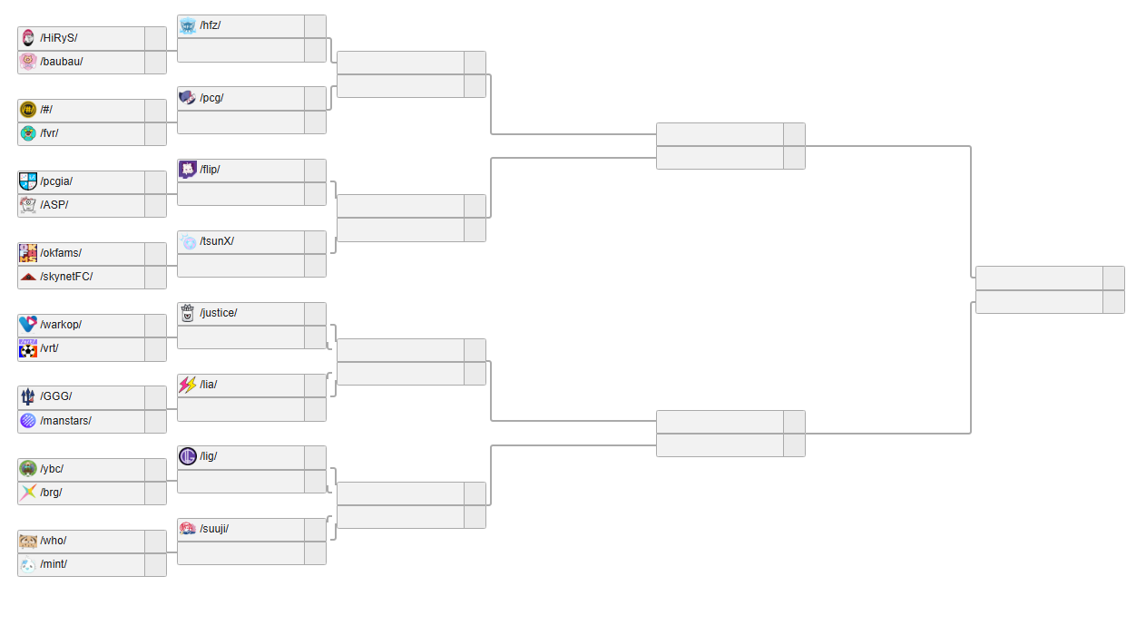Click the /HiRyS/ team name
coord(59,38)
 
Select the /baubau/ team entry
coord(62,62)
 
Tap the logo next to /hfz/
coord(188,25)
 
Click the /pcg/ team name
coord(211,98)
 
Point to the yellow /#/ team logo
coord(28,110)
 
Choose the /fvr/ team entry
coord(50,133)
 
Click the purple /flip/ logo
coord(188,170)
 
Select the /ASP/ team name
coord(54,205)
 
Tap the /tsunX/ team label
coord(217,241)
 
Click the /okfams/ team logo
coord(28,253)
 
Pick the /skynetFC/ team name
coord(66,277)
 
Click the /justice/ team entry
coord(219,313)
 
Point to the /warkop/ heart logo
coord(28,325)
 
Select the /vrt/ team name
coord(49,348)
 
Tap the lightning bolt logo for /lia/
coord(188,385)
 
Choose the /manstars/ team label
coord(65,421)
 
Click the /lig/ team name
coord(209,456)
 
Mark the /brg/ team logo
coord(28,493)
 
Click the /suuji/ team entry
coord(214,529)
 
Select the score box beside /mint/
coord(155,564)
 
